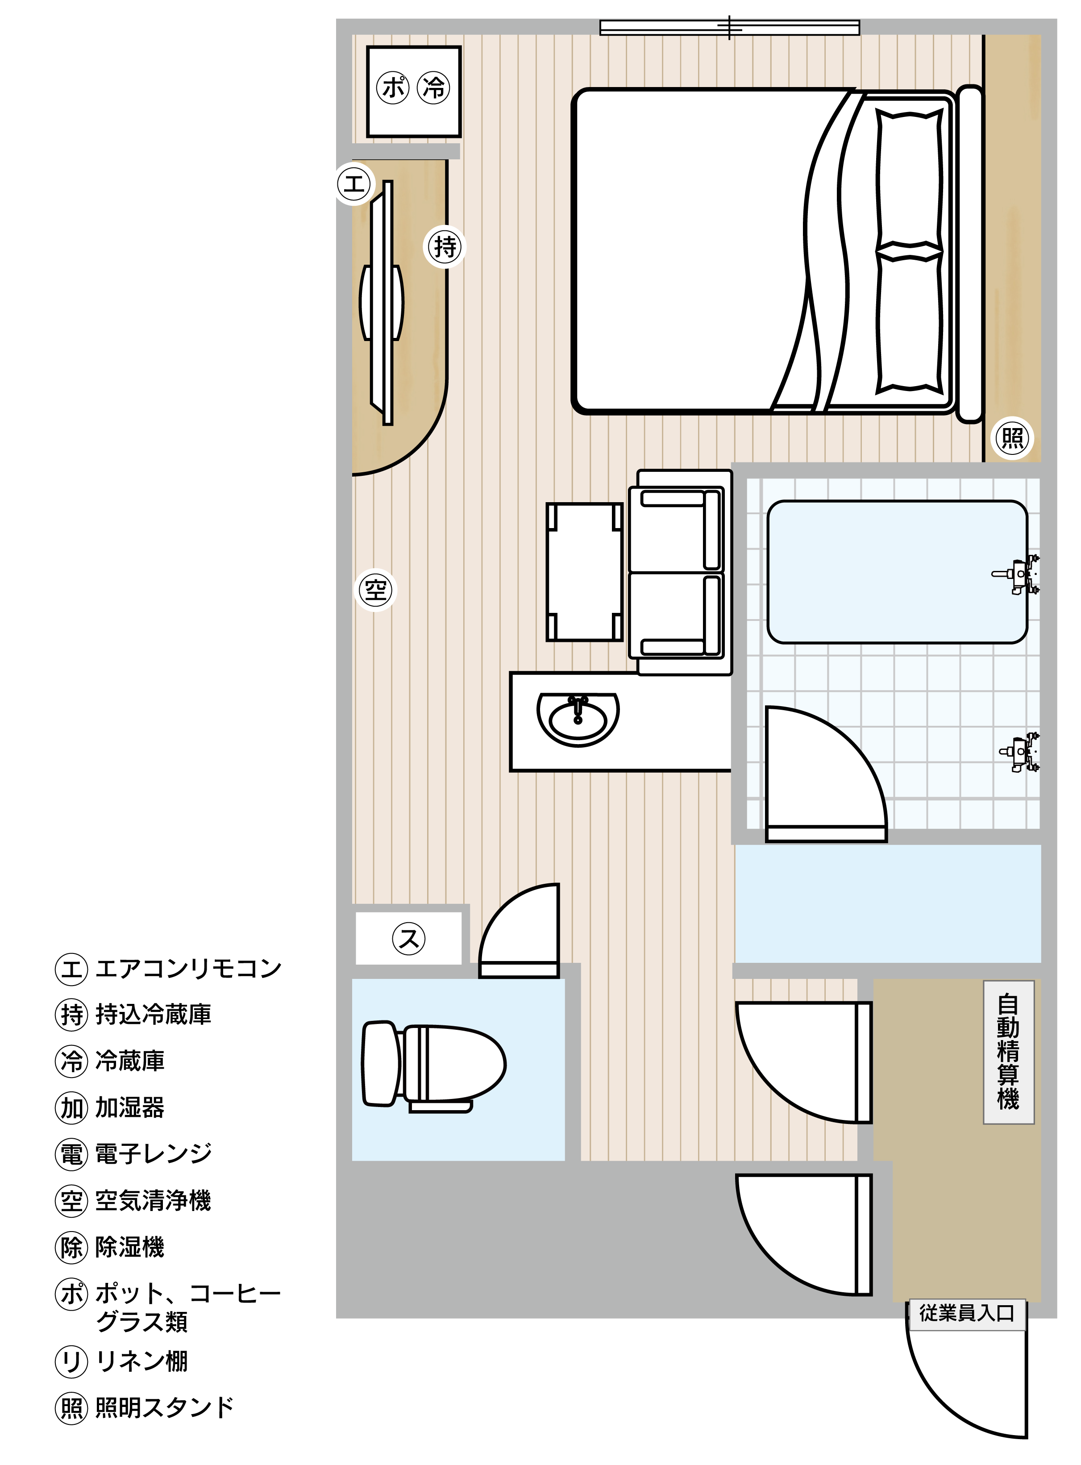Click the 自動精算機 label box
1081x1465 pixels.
(x=1008, y=1052)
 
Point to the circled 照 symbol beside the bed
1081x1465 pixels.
(x=1012, y=438)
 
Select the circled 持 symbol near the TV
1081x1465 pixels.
(x=445, y=247)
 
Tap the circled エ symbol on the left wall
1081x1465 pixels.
(x=354, y=184)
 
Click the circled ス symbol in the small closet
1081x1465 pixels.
(x=409, y=938)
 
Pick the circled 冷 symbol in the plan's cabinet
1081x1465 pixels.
(x=433, y=87)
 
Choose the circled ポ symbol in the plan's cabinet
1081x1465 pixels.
(x=393, y=87)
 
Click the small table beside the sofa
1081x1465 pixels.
(x=584, y=572)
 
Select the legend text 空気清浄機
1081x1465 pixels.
(x=153, y=1200)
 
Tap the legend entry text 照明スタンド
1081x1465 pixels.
(x=165, y=1407)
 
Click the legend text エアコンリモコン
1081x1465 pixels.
(x=188, y=968)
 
